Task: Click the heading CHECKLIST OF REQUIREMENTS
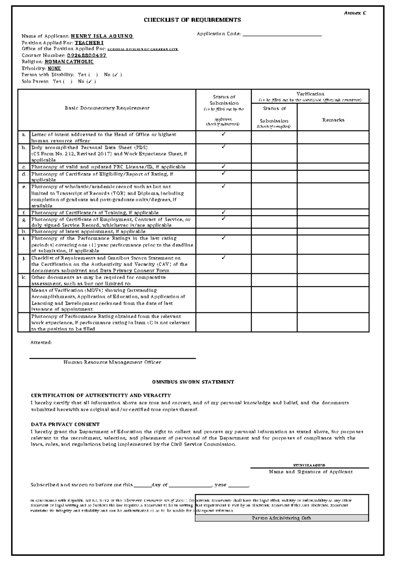click(192, 20)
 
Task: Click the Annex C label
click(355, 13)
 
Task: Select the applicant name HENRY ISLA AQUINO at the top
click(102, 36)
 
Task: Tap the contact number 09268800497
click(87, 56)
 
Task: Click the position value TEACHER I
click(89, 43)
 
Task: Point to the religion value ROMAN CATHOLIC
click(69, 62)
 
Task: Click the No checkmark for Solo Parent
click(91, 81)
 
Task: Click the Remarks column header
click(333, 120)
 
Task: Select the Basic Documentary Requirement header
click(107, 108)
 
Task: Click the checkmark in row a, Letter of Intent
click(223, 134)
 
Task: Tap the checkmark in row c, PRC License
click(223, 166)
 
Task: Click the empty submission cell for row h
click(223, 231)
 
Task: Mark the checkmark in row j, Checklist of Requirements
click(223, 257)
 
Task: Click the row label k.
click(24, 277)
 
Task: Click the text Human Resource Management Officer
click(112, 362)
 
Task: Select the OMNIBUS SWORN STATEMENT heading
click(193, 382)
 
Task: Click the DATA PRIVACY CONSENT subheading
click(65, 425)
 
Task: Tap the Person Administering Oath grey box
click(282, 518)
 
